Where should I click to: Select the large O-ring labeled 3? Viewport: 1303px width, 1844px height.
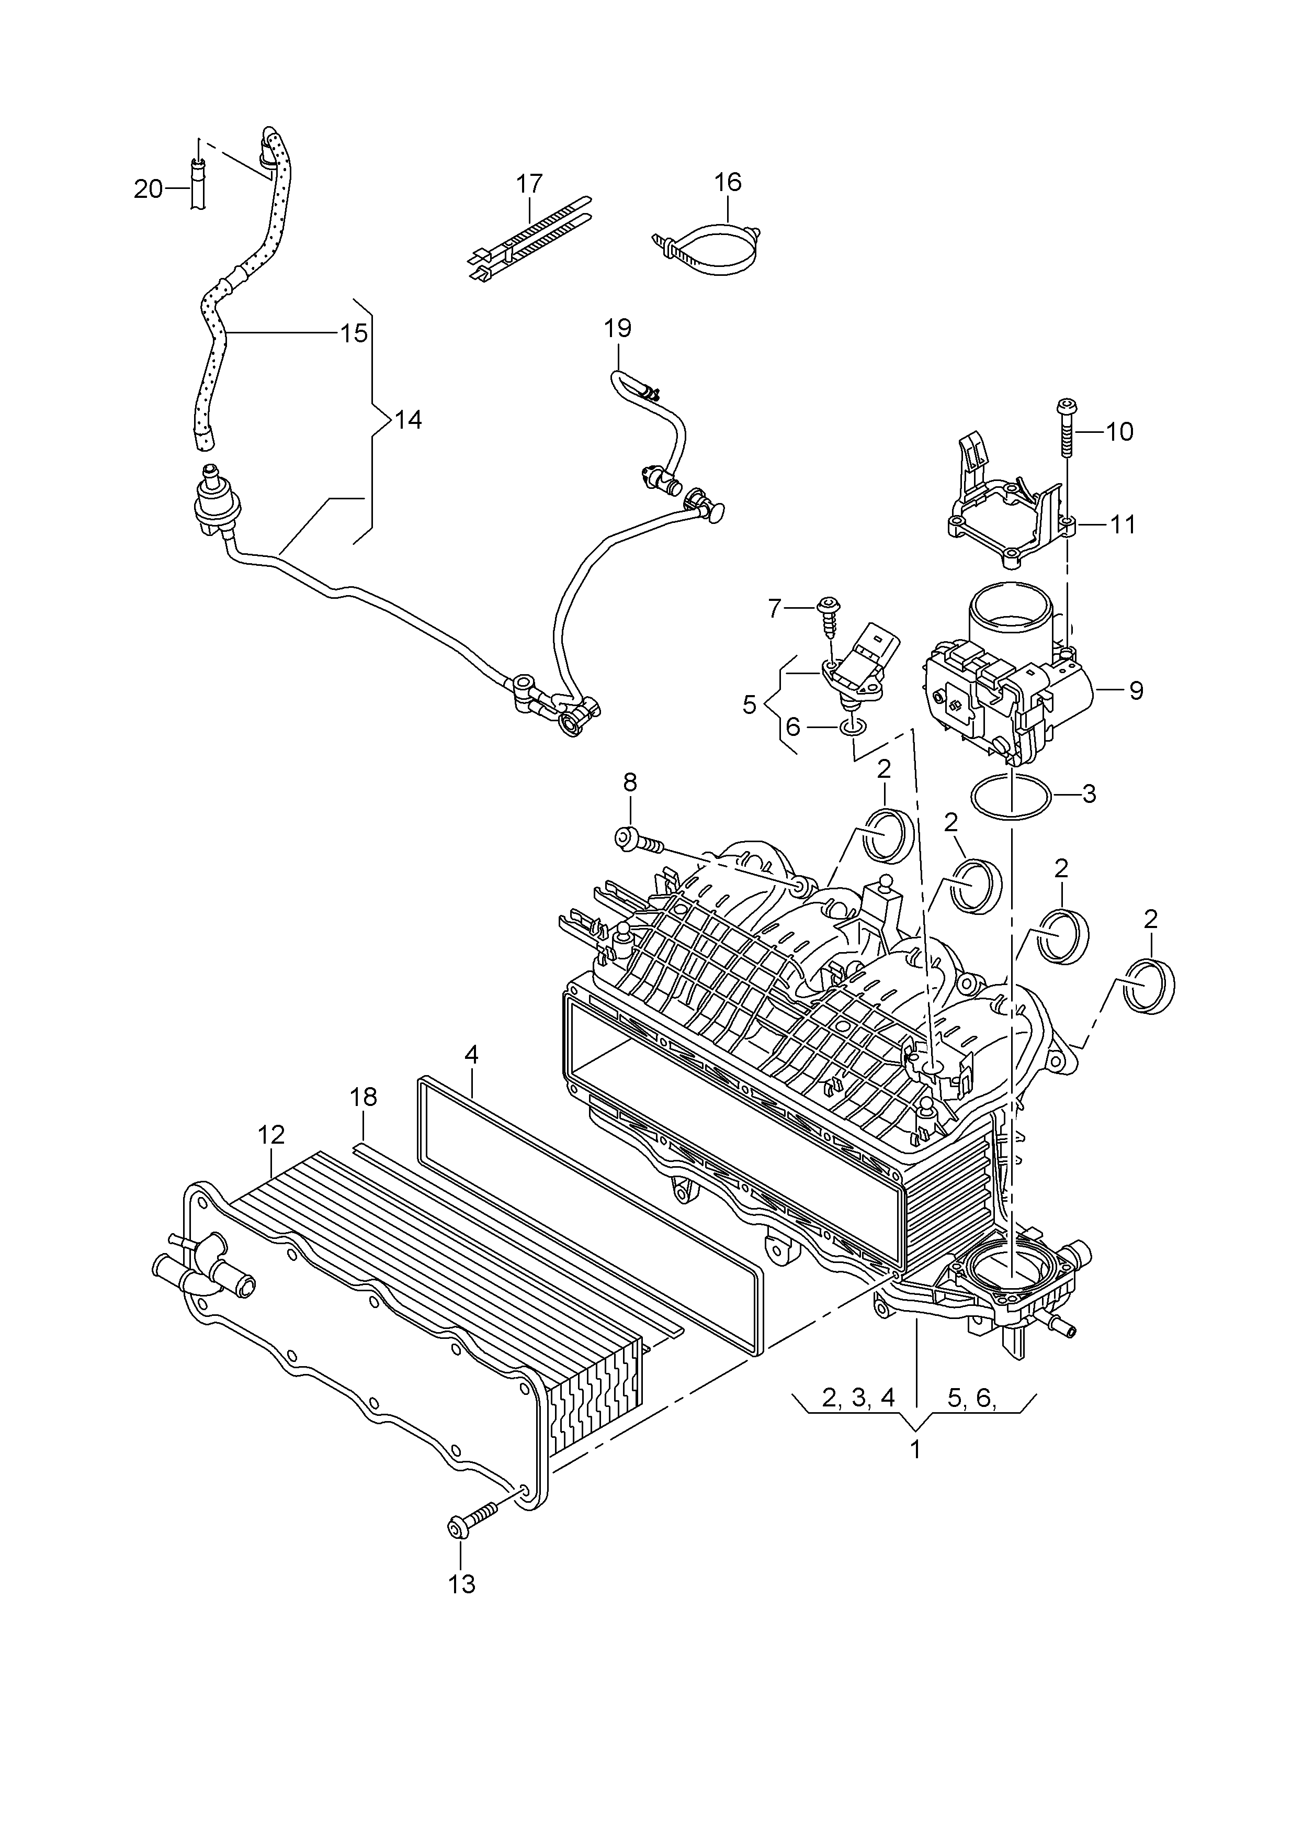(x=1011, y=797)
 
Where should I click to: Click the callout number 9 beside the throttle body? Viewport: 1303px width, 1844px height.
(x=1136, y=691)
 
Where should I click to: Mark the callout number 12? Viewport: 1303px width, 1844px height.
(x=271, y=1135)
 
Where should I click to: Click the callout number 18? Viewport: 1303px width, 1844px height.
(x=364, y=1097)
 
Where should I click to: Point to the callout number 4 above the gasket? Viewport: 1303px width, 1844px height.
(x=471, y=1055)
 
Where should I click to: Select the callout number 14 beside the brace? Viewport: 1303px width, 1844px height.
(x=409, y=419)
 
